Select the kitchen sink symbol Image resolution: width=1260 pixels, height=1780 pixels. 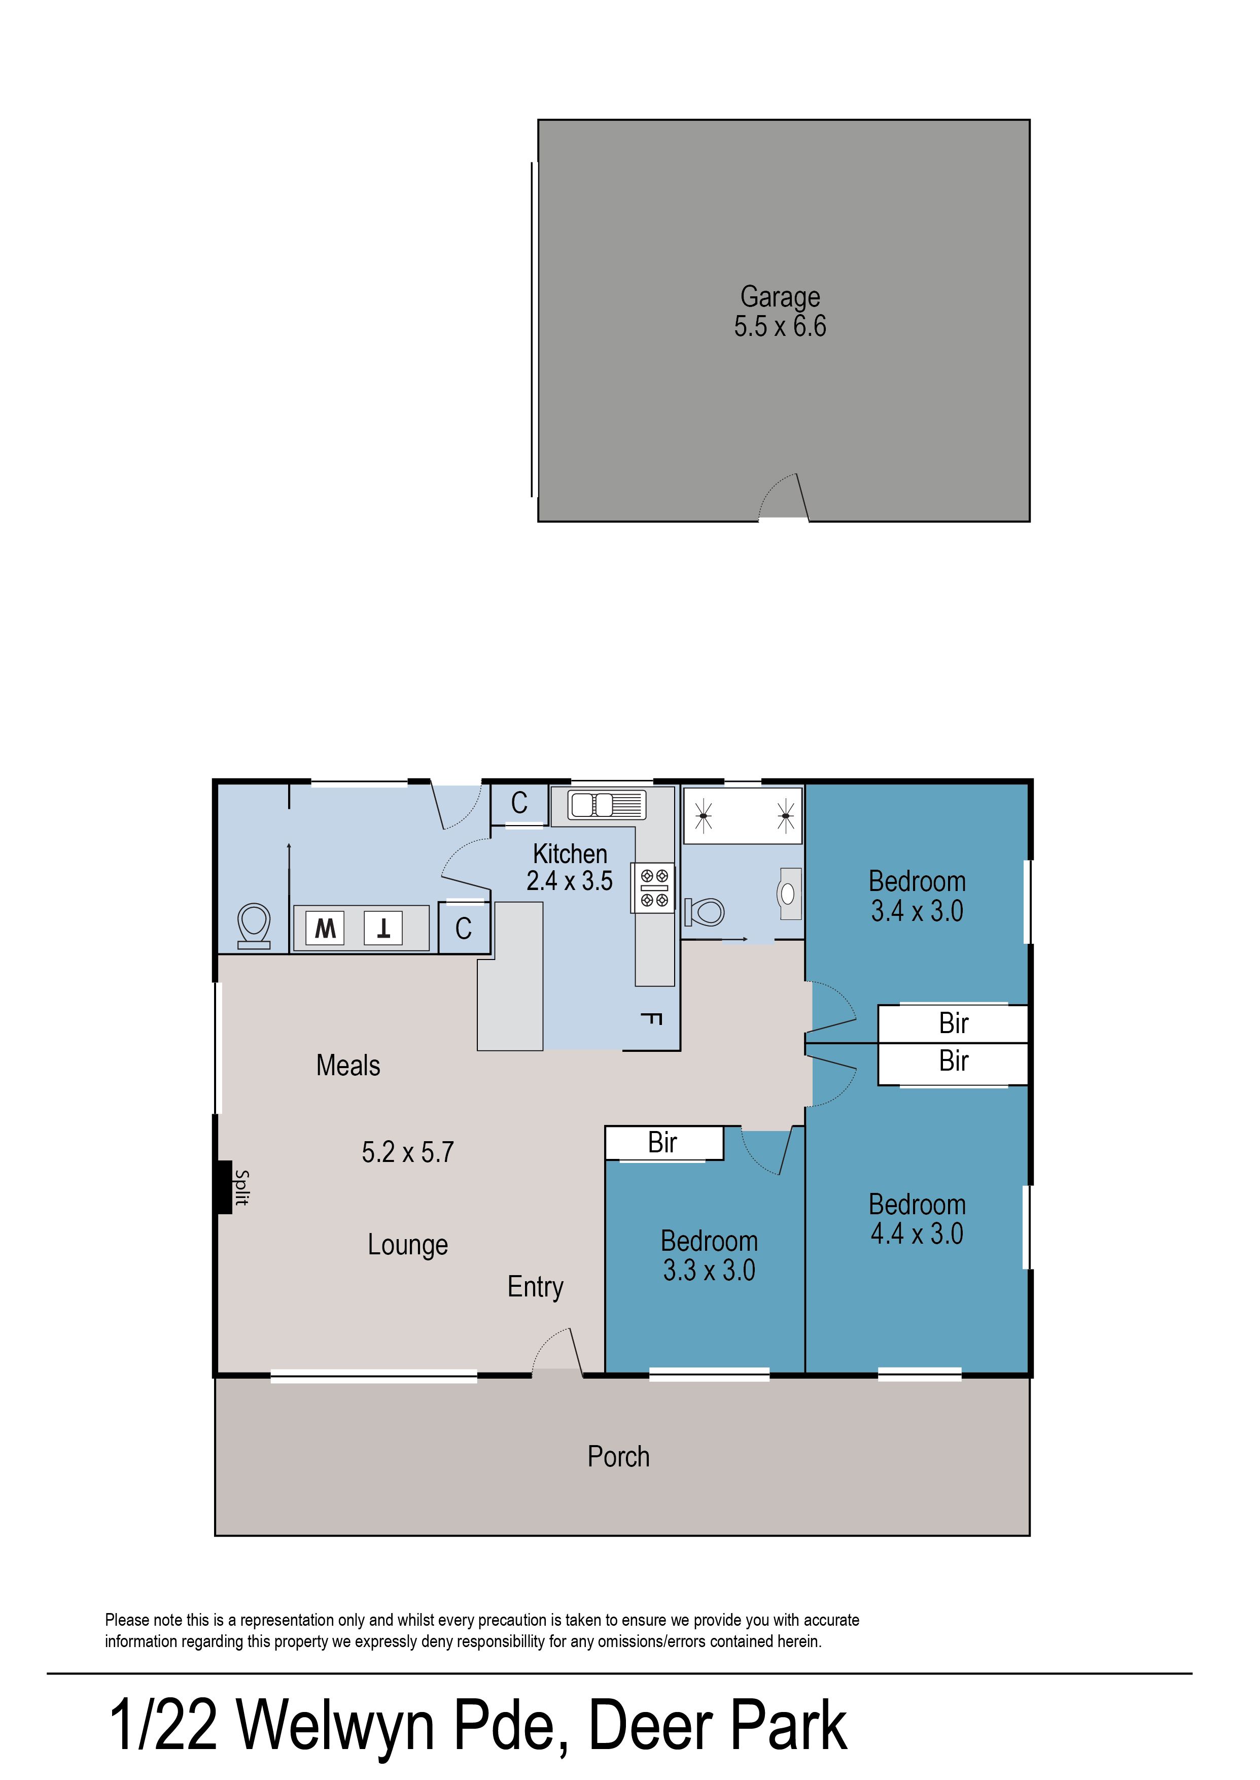607,805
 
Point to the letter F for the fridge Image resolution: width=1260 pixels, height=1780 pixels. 652,1019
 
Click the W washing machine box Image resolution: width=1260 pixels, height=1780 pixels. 325,928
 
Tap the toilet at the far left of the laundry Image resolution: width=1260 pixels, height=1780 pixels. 254,926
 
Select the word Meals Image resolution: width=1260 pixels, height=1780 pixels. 348,1066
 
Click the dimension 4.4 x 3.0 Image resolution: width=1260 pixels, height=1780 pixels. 917,1234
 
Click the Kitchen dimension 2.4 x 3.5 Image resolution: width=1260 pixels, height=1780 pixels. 570,881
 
